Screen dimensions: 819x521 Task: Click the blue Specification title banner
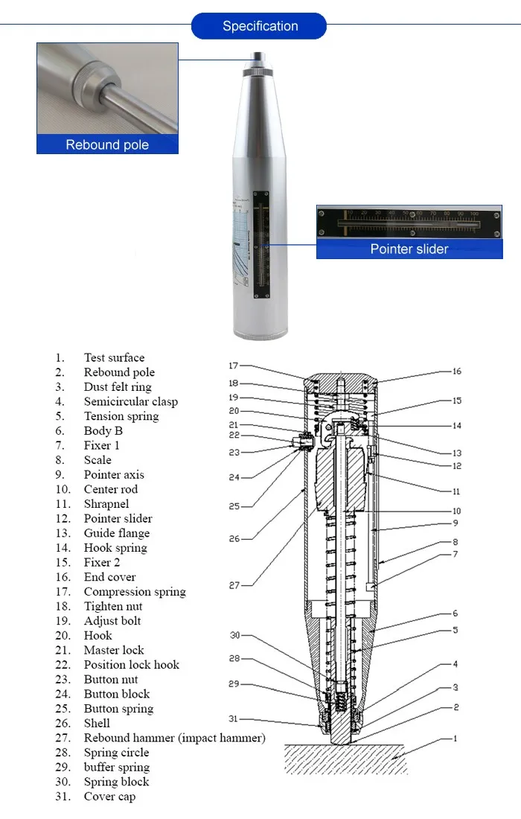259,26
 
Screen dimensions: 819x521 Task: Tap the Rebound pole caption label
107,144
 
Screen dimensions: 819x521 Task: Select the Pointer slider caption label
409,249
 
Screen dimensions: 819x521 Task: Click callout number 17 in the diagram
233,366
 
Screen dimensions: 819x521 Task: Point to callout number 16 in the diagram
456,371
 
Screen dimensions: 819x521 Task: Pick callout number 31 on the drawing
233,718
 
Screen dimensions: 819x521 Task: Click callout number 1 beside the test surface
456,739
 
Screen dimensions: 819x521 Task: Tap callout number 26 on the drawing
234,538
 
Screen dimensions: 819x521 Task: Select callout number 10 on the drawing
456,511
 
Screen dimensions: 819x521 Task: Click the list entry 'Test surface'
114,358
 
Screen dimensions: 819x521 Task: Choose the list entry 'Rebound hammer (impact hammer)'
174,738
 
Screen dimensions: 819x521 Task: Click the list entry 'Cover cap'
109,797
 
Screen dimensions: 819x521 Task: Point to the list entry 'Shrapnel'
106,504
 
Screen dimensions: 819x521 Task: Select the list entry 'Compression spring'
135,592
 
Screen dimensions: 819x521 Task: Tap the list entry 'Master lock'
114,650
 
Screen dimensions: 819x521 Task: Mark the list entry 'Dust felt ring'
118,387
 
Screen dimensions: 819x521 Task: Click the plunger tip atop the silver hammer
259,56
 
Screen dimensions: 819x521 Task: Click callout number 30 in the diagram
234,635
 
